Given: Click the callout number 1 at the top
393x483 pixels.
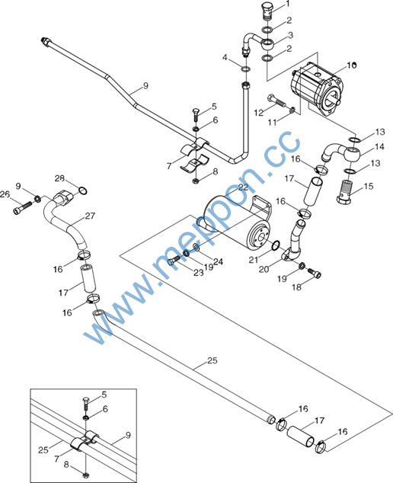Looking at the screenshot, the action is [288, 4].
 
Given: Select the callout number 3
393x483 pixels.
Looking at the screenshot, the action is [290, 35].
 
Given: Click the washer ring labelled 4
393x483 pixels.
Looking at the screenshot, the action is [245, 69].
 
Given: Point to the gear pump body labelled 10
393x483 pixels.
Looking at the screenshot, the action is [317, 91].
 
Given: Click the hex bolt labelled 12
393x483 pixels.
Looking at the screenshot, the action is [277, 100].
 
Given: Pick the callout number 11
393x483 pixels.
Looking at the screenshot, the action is [272, 123].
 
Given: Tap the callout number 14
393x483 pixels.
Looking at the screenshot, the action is [379, 146].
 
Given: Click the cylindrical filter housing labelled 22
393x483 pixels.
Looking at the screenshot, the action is [237, 221].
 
